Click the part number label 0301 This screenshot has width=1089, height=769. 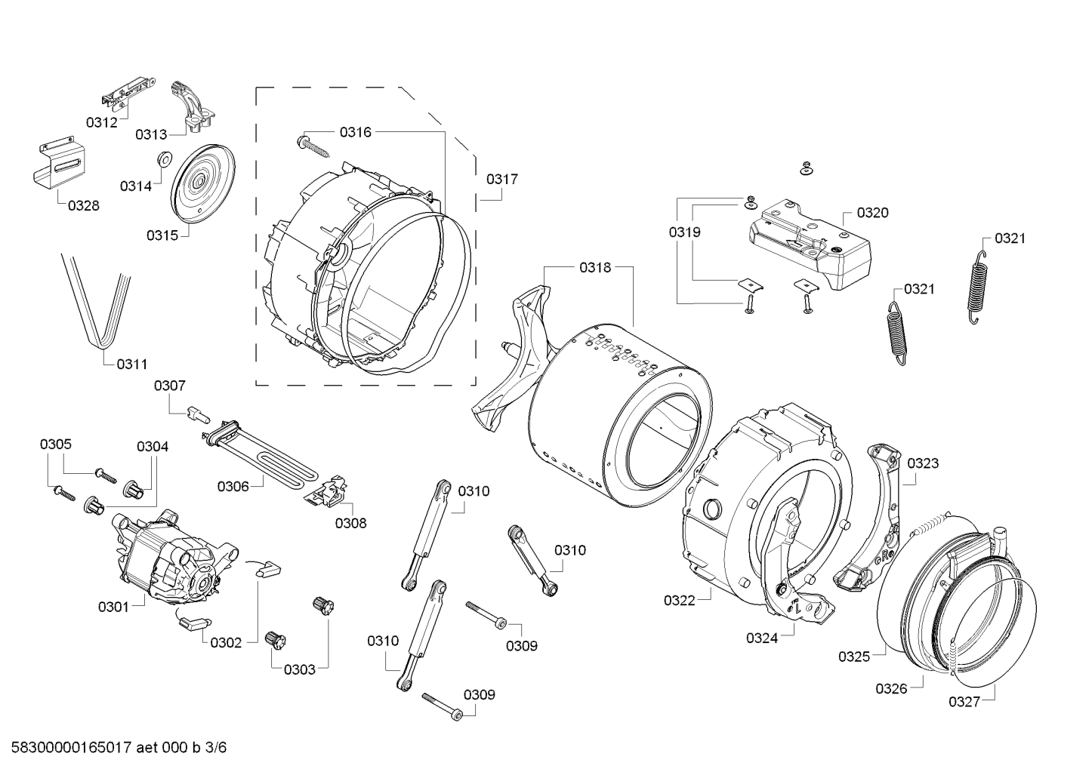[x=113, y=606]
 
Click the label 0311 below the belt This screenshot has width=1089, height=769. [x=131, y=364]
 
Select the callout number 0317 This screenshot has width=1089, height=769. [x=501, y=179]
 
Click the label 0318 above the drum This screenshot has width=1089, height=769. [x=595, y=266]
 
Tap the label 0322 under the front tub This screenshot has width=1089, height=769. [x=679, y=600]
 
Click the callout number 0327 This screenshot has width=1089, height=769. [x=964, y=702]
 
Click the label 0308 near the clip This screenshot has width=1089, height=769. [x=350, y=522]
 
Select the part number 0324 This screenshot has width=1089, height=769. [x=762, y=638]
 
